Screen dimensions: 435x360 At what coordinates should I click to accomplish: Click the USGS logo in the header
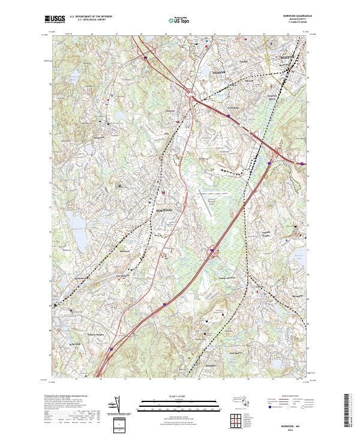55,19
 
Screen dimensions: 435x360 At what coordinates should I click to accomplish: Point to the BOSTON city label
290,58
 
